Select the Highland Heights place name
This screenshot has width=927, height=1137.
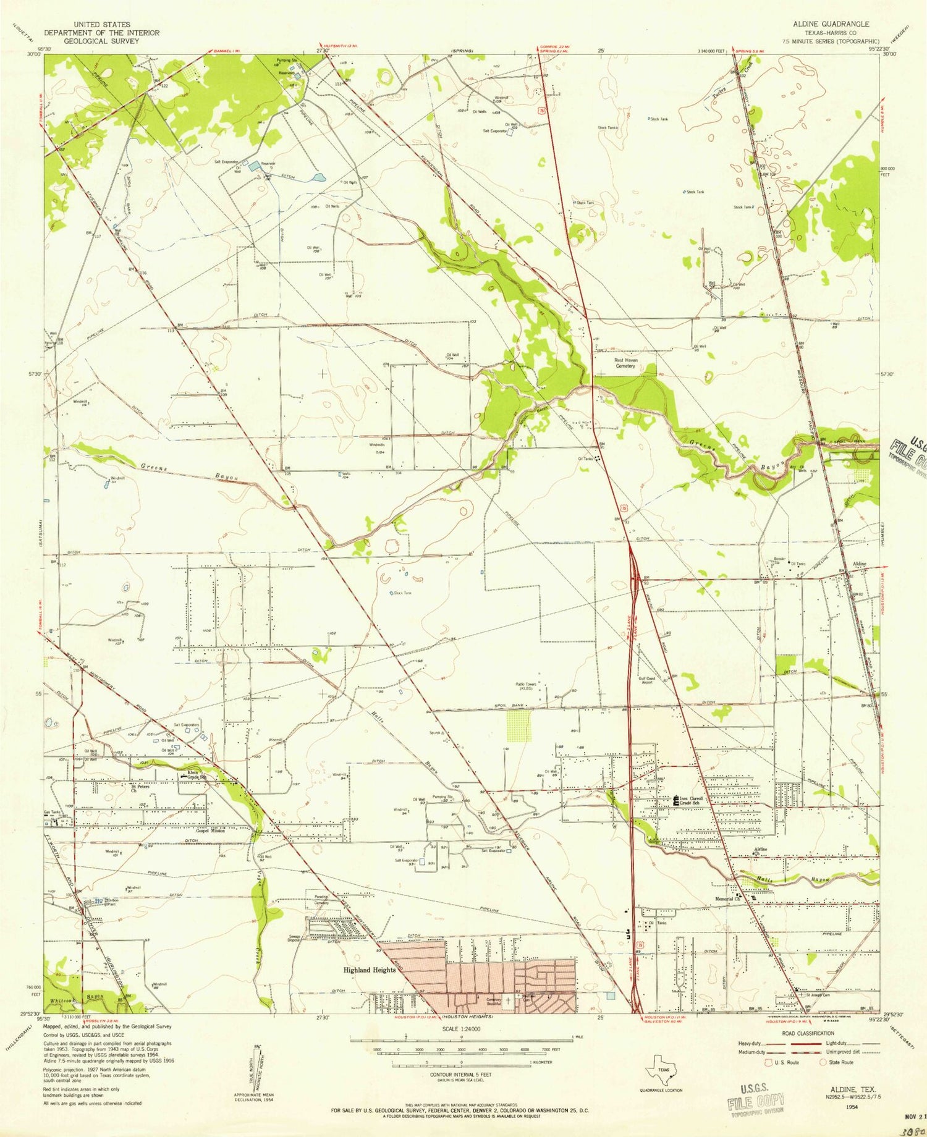pos(369,987)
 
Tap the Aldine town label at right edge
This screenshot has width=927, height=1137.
pos(859,564)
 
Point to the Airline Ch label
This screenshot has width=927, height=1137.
pos(760,852)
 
